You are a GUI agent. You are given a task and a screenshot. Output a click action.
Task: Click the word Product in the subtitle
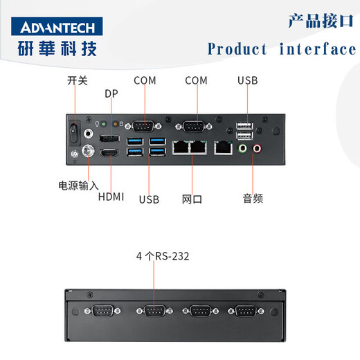pyautogui.click(x=237, y=49)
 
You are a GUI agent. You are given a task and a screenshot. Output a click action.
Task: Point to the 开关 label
pyautogui.click(x=78, y=81)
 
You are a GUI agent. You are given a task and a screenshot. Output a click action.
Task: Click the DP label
pyautogui.click(x=111, y=93)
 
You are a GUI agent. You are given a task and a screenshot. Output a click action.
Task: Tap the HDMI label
pyautogui.click(x=111, y=197)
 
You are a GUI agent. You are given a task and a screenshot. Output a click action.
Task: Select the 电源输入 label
pyautogui.click(x=78, y=185)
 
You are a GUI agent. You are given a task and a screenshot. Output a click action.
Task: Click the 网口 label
pyautogui.click(x=192, y=199)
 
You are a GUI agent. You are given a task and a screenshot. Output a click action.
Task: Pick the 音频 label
pyautogui.click(x=253, y=199)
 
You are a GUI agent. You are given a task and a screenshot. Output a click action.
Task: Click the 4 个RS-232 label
pyautogui.click(x=163, y=256)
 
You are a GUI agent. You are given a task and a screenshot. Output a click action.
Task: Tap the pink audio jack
pyautogui.click(x=257, y=147)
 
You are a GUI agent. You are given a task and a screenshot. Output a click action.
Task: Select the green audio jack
pyautogui.click(x=243, y=147)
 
